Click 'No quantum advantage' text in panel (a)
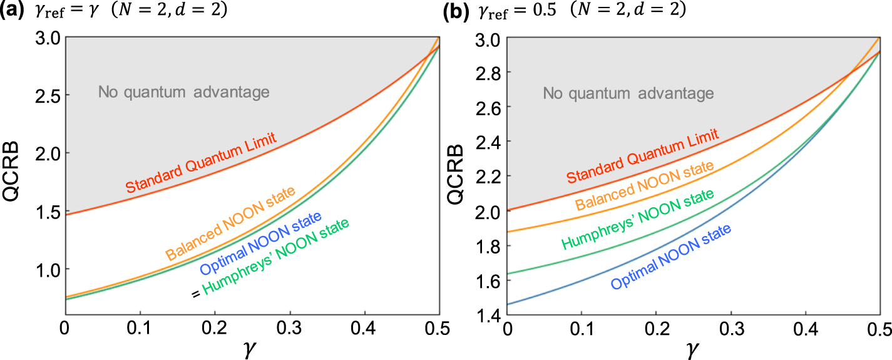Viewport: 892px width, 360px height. [x=183, y=93]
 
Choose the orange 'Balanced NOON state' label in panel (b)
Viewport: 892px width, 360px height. [x=645, y=187]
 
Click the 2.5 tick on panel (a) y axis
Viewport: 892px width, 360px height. [x=42, y=95]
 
